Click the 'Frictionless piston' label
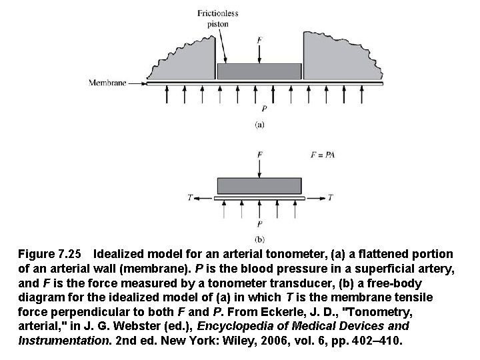click(x=217, y=18)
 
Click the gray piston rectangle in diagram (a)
click(x=259, y=71)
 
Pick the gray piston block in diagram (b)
click(x=259, y=186)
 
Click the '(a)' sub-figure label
click(x=259, y=124)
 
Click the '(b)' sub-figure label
click(x=259, y=239)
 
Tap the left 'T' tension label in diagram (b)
click(x=190, y=197)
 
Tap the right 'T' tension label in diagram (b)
click(x=331, y=197)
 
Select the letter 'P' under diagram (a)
click(x=265, y=108)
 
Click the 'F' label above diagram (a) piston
click(x=259, y=40)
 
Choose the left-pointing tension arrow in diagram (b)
click(x=205, y=197)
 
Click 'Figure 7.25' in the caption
click(x=50, y=255)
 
